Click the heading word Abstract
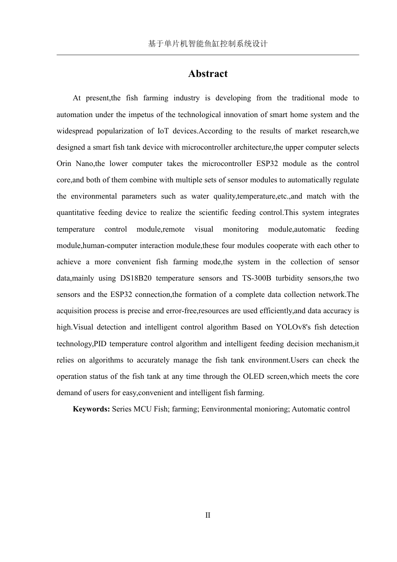point(208,74)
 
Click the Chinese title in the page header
point(208,43)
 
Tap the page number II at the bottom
point(208,515)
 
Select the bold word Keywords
point(91,409)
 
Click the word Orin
point(64,163)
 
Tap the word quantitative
point(75,212)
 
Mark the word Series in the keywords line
point(122,409)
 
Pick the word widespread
point(74,131)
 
